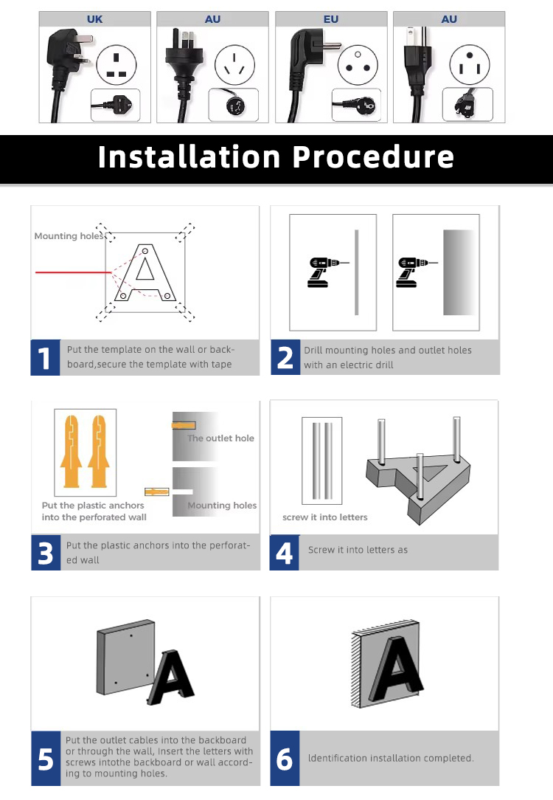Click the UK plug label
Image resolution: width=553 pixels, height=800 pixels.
pyautogui.click(x=95, y=19)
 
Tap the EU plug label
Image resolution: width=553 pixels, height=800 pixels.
pyautogui.click(x=331, y=19)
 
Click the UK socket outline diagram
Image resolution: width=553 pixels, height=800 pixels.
pyautogui.click(x=116, y=65)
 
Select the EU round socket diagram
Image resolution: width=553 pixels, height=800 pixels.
pyautogui.click(x=358, y=64)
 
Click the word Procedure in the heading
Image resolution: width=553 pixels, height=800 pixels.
pyautogui.click(x=373, y=156)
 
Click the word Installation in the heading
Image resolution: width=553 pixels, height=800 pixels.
pyautogui.click(x=189, y=156)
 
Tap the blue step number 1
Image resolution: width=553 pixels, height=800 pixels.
pyautogui.click(x=46, y=358)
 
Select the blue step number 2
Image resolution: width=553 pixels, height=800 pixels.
pyautogui.click(x=285, y=358)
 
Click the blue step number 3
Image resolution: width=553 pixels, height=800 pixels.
pyautogui.click(x=46, y=553)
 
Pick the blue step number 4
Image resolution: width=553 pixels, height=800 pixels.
pyautogui.click(x=285, y=553)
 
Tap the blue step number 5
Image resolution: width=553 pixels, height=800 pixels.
pyautogui.click(x=46, y=759)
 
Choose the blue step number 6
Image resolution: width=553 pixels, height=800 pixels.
pyautogui.click(x=285, y=759)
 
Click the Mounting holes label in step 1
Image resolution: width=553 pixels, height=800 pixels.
pyautogui.click(x=69, y=236)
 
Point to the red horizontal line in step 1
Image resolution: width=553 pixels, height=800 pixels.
pyautogui.click(x=74, y=272)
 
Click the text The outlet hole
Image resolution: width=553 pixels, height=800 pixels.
pyautogui.click(x=220, y=438)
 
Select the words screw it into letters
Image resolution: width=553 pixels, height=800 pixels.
pyautogui.click(x=325, y=517)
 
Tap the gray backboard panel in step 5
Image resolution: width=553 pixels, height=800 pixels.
pyautogui.click(x=125, y=657)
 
